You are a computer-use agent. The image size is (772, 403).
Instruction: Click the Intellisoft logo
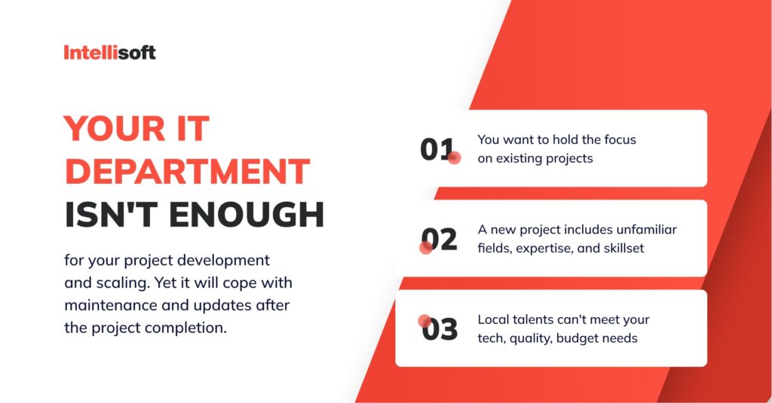click(x=109, y=53)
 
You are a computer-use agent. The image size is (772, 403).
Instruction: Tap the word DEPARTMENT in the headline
click(x=187, y=172)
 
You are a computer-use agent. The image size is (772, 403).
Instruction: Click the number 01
click(x=437, y=150)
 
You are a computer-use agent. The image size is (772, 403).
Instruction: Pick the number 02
click(x=439, y=240)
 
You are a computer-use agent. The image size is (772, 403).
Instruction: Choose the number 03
click(x=440, y=330)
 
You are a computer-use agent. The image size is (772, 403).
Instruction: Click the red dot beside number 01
click(x=454, y=158)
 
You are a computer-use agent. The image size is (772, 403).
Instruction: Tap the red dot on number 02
click(x=425, y=247)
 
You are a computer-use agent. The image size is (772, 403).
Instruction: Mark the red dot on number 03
click(x=424, y=321)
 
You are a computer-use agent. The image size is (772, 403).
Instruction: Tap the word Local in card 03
click(x=495, y=319)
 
